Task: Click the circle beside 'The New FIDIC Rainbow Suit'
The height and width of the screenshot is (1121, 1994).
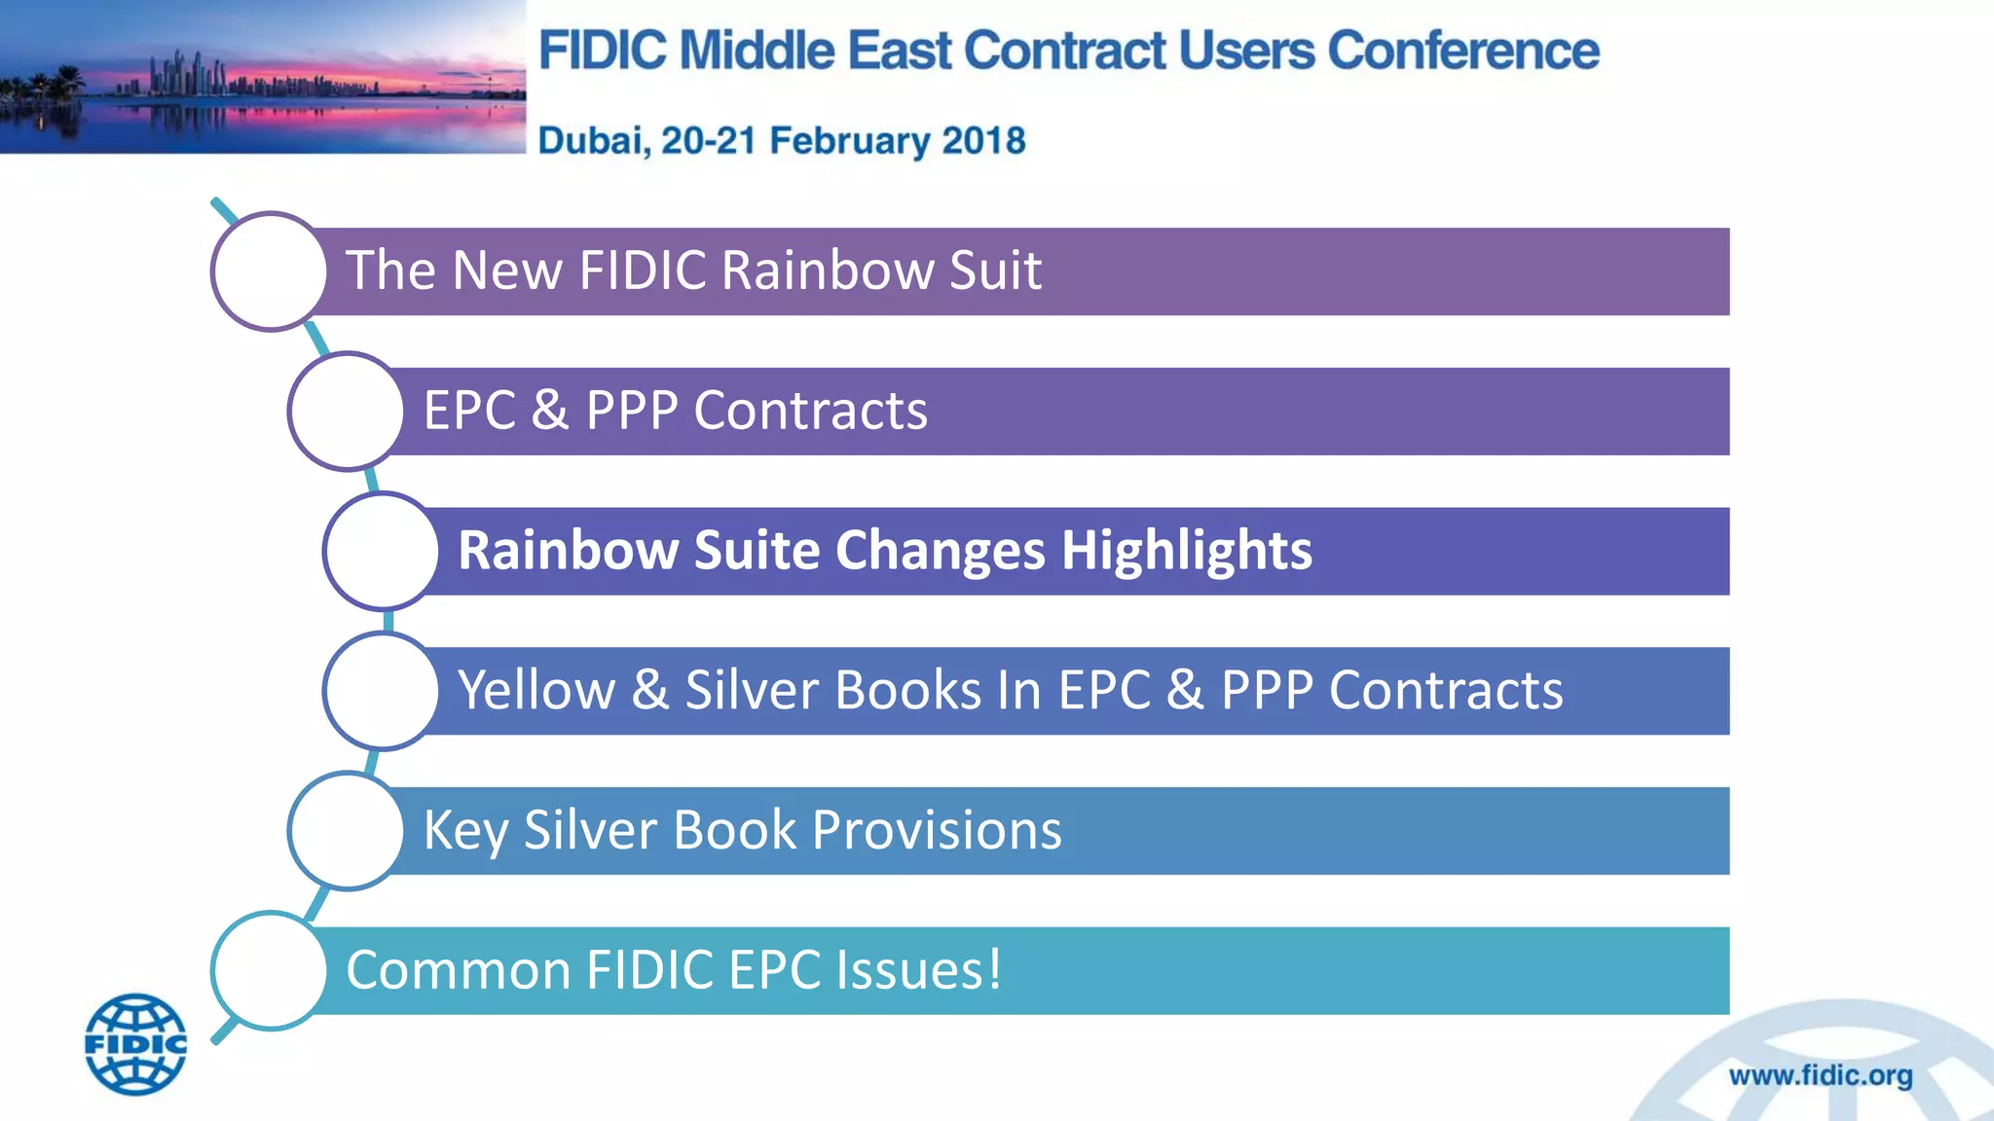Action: click(x=269, y=271)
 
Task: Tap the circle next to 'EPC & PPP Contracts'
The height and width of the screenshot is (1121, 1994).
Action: click(x=346, y=412)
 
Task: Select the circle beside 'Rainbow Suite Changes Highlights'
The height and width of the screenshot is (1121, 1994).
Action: click(x=381, y=551)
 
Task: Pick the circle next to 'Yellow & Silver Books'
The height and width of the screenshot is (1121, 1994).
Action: click(x=381, y=691)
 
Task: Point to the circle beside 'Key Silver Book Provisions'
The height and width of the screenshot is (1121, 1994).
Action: click(x=346, y=831)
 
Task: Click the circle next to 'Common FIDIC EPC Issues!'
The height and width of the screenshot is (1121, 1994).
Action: click(x=269, y=970)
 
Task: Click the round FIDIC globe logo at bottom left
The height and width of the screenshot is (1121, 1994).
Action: click(x=135, y=1044)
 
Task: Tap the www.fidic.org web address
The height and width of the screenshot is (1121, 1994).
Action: click(x=1820, y=1075)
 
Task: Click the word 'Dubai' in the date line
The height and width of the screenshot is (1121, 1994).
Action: click(x=592, y=141)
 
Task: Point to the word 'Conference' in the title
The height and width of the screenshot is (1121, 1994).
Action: click(x=1462, y=51)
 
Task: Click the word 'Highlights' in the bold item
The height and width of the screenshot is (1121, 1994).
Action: click(x=1186, y=551)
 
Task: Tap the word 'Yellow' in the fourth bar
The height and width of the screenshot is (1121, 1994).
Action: click(x=536, y=691)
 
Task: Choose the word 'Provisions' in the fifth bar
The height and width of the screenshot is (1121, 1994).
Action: click(x=937, y=831)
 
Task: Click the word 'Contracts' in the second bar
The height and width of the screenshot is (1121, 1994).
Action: click(x=810, y=411)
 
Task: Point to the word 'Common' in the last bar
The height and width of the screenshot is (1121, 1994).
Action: click(x=458, y=970)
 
